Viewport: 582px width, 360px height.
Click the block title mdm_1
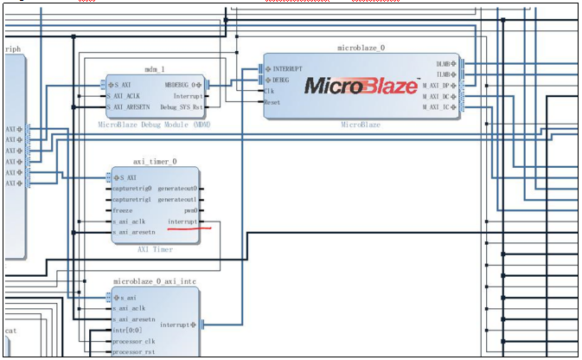pyautogui.click(x=154, y=68)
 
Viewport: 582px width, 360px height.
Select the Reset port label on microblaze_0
pyautogui.click(x=272, y=101)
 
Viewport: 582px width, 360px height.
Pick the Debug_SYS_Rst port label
pyautogui.click(x=181, y=107)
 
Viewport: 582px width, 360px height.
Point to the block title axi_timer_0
pyautogui.click(x=154, y=161)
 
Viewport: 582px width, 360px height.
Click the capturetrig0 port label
pyautogui.click(x=131, y=189)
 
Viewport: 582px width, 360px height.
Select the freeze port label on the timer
pyautogui.click(x=122, y=210)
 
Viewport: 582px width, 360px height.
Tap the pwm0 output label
pyautogui.click(x=190, y=210)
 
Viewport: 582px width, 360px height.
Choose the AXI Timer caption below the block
pyautogui.click(x=154, y=250)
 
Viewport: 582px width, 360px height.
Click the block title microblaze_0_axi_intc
pyautogui.click(x=154, y=282)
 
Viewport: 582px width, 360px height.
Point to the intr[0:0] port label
pyautogui.click(x=126, y=331)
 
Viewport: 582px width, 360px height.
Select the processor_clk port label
pyautogui.click(x=133, y=342)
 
